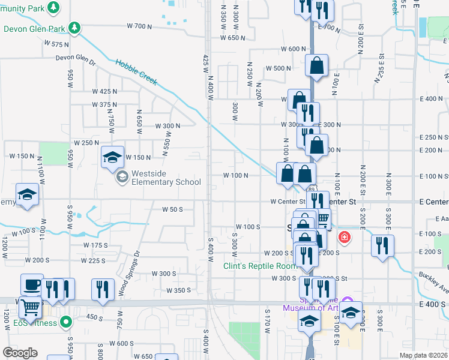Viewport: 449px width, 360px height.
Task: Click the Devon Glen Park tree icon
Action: [74, 28]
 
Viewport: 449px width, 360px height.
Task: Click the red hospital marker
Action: [344, 237]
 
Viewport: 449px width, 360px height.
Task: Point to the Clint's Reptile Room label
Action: [260, 266]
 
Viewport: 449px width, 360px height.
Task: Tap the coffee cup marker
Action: [32, 284]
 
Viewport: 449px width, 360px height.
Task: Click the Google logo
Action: [20, 353]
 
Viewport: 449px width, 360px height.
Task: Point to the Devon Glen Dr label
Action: [76, 58]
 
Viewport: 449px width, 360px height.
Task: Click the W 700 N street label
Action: [140, 26]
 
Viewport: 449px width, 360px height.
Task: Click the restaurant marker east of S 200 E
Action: [382, 245]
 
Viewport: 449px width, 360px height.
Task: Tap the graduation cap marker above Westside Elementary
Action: [112, 157]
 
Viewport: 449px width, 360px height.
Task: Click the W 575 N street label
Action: [58, 44]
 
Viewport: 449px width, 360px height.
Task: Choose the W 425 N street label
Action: [104, 91]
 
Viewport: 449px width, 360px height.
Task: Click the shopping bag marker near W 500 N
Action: [316, 66]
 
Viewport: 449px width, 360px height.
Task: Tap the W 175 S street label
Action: [95, 245]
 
